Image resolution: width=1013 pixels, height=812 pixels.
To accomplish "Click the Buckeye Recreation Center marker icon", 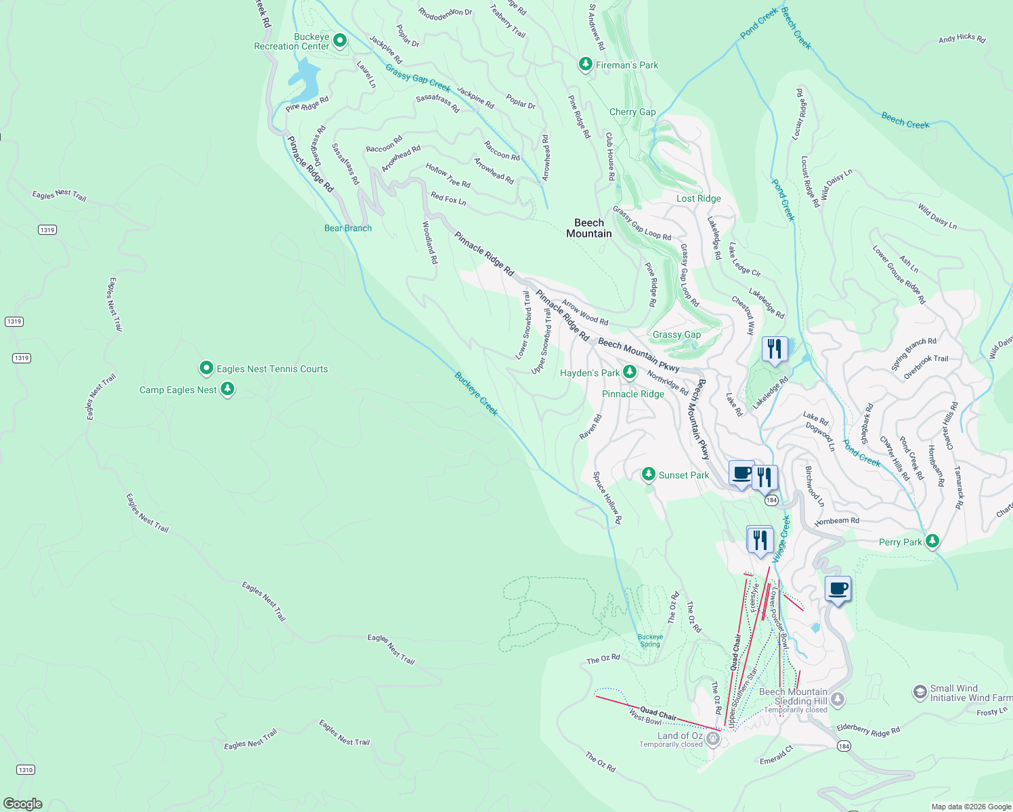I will pyautogui.click(x=339, y=41).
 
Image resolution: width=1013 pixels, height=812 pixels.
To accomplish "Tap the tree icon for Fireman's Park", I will pyautogui.click(x=585, y=64).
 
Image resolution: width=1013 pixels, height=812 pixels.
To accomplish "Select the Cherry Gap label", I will pyautogui.click(x=632, y=112).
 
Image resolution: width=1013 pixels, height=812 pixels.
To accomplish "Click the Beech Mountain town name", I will pyautogui.click(x=588, y=228).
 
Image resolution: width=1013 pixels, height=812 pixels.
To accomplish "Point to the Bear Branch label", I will pyautogui.click(x=348, y=228).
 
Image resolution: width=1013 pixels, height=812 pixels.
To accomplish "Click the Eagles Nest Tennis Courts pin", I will pyautogui.click(x=207, y=368).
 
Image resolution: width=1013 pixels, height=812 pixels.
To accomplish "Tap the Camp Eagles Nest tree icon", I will pyautogui.click(x=228, y=389).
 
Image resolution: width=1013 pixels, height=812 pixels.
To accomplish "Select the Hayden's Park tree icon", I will pyautogui.click(x=629, y=372).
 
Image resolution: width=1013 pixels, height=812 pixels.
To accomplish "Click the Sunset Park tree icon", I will pyautogui.click(x=649, y=474).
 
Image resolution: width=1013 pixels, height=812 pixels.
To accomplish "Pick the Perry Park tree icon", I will pyautogui.click(x=932, y=541).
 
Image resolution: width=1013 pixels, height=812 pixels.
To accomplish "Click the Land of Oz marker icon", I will pyautogui.click(x=712, y=738).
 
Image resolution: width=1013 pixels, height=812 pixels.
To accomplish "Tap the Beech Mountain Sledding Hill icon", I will pyautogui.click(x=838, y=700).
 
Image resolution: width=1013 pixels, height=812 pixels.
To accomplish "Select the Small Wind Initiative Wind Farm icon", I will pyautogui.click(x=920, y=692).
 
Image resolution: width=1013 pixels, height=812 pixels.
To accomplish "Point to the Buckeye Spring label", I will pyautogui.click(x=650, y=640).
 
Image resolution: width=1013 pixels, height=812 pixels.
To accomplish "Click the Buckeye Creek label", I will pyautogui.click(x=476, y=394).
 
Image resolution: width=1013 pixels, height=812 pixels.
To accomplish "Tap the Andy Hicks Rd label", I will pyautogui.click(x=962, y=39).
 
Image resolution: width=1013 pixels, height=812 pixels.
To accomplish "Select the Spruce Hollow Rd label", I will pyautogui.click(x=607, y=498).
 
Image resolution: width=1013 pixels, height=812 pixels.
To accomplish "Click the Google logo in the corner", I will pyautogui.click(x=23, y=804).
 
